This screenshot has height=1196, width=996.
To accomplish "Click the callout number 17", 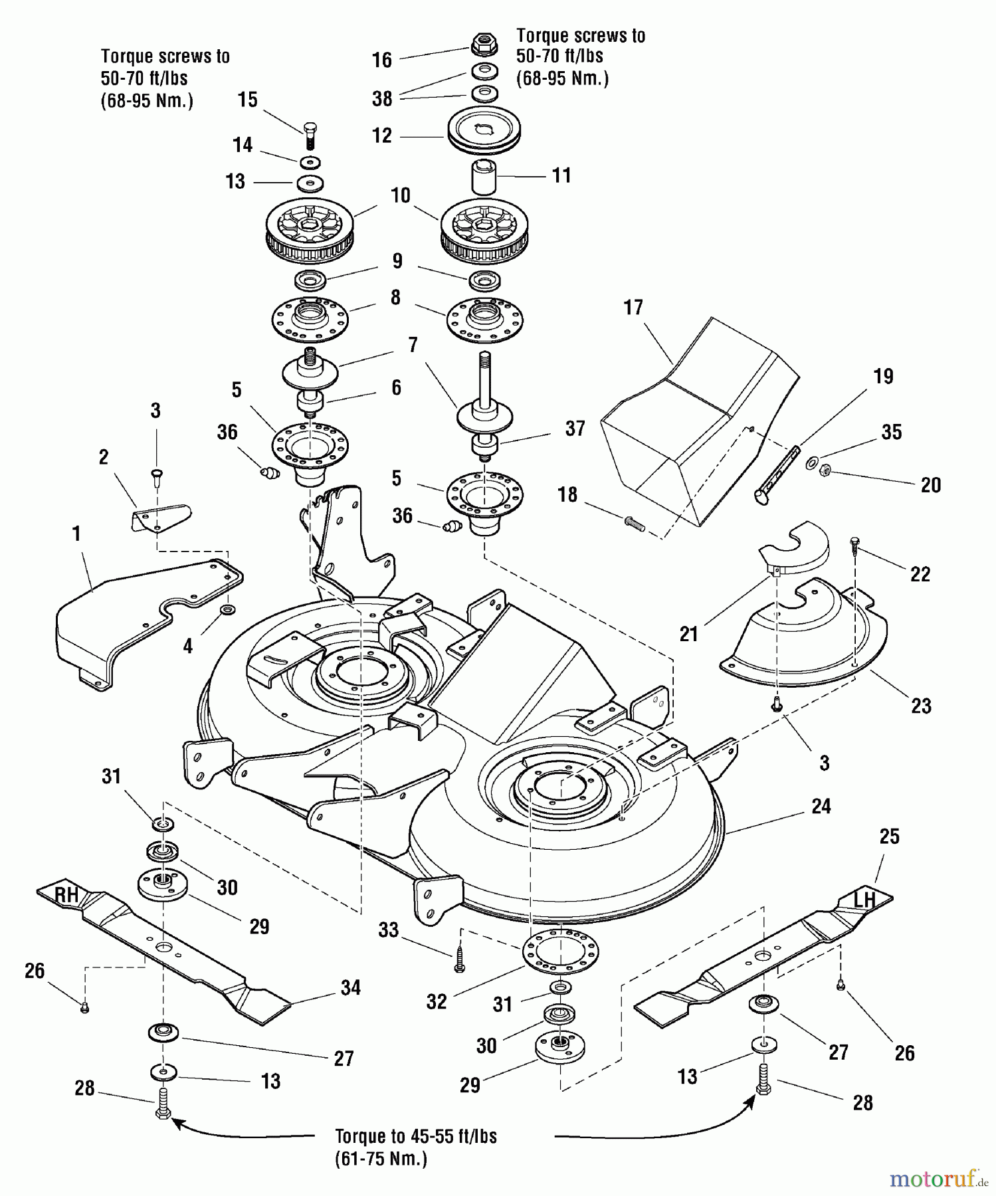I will click(633, 308).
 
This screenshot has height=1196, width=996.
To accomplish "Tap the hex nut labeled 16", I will click(484, 45).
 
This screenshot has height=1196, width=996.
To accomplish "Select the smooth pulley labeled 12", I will click(483, 131).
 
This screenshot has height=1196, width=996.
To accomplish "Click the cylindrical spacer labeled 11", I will click(484, 177).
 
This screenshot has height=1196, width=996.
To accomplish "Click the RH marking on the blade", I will click(66, 896).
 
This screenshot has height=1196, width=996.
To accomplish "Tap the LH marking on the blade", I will click(864, 900).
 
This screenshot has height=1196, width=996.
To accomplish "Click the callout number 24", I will click(821, 806).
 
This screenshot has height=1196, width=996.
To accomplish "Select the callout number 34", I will click(350, 988).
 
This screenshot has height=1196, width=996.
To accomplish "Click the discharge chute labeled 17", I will click(698, 425).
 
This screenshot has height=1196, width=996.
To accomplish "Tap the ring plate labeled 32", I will click(560, 950).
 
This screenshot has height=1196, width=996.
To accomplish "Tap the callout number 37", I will click(575, 429).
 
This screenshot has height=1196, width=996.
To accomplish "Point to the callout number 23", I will click(921, 706).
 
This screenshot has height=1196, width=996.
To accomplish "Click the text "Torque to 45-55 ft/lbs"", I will click(415, 1136).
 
